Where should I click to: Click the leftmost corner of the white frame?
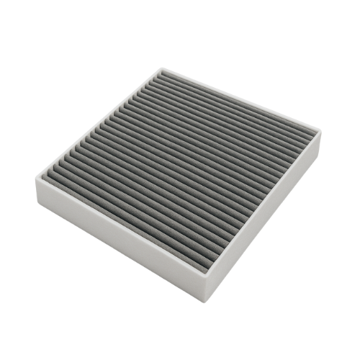pos(36,173)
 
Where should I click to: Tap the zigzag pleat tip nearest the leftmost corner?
pos(52,173)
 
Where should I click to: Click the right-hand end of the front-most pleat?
pos(209,265)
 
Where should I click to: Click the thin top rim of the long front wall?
pos(122,223)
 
